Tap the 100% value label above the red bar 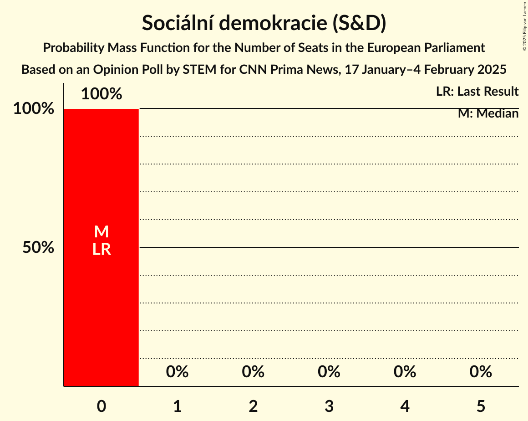click(102, 94)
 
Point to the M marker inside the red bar click(102, 232)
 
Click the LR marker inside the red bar click(102, 249)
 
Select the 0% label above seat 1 click(177, 372)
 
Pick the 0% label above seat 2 click(253, 372)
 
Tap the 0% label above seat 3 click(329, 372)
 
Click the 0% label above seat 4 click(405, 372)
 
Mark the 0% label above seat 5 click(481, 372)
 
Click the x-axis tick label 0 click(102, 406)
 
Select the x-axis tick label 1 click(177, 406)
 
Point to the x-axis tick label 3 click(329, 406)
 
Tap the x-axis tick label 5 click(481, 406)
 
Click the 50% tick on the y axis click(38, 247)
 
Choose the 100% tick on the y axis click(33, 109)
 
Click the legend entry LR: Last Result click(477, 92)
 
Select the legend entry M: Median click(488, 113)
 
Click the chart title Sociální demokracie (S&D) click(264, 23)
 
